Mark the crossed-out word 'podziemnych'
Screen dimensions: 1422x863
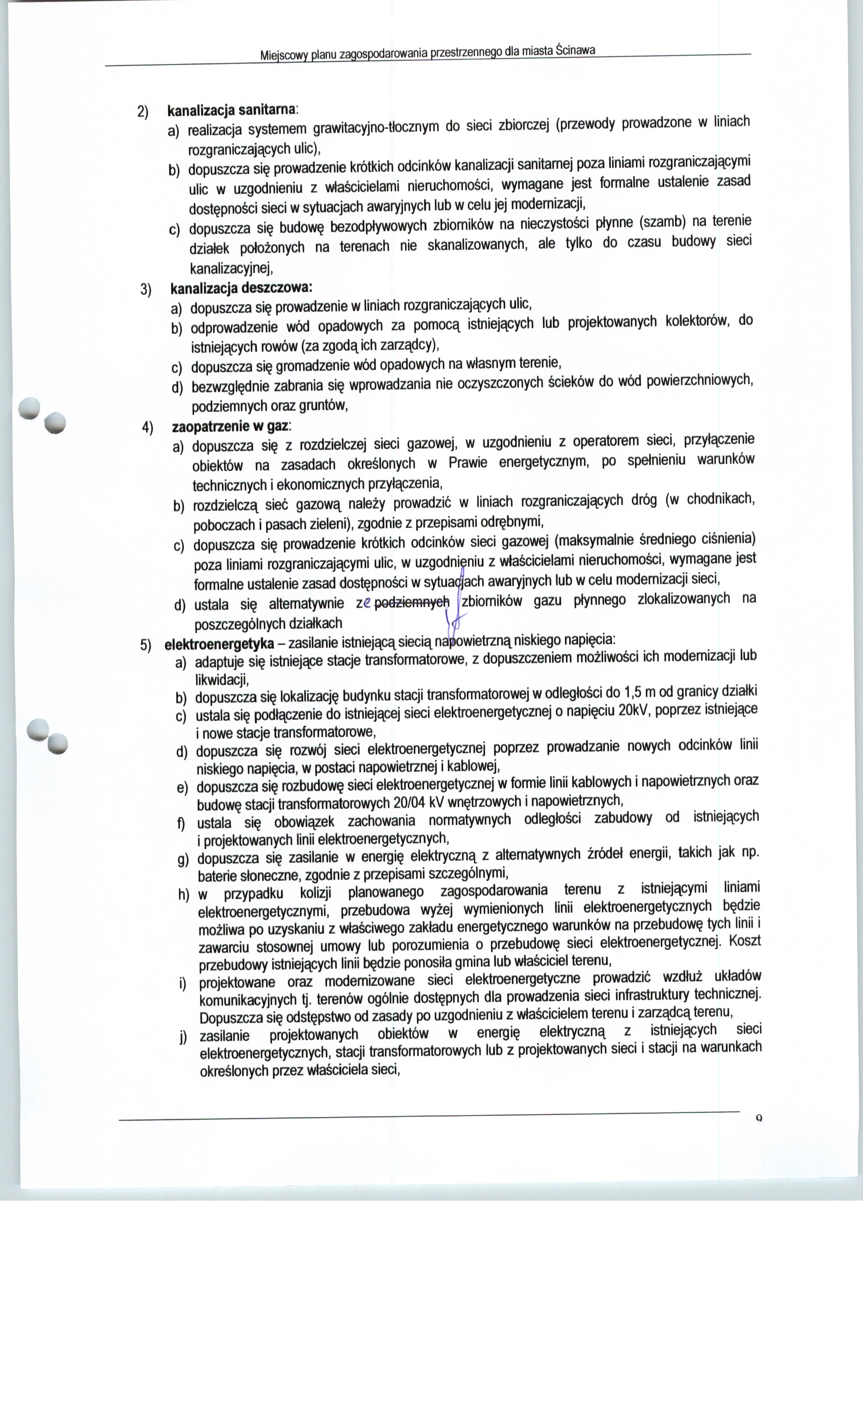pos(411,603)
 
